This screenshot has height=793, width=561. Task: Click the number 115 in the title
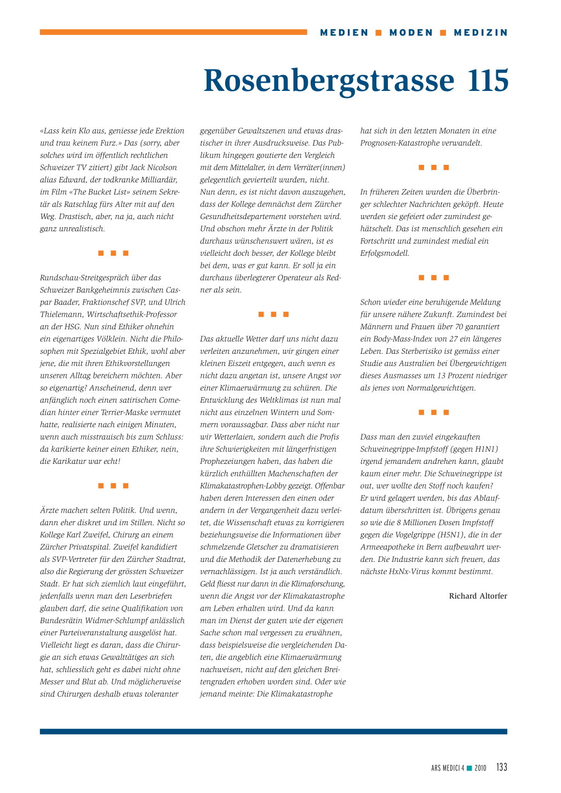(x=488, y=81)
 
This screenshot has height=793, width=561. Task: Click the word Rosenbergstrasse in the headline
(x=329, y=81)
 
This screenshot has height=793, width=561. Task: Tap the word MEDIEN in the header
(x=345, y=33)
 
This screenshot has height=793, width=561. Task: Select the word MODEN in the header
(x=411, y=33)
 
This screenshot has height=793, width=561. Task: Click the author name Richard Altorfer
(x=478, y=596)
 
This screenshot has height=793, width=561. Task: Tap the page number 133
(x=502, y=767)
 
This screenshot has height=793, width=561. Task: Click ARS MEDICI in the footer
(x=445, y=768)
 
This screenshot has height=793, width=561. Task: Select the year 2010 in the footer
(x=480, y=768)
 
